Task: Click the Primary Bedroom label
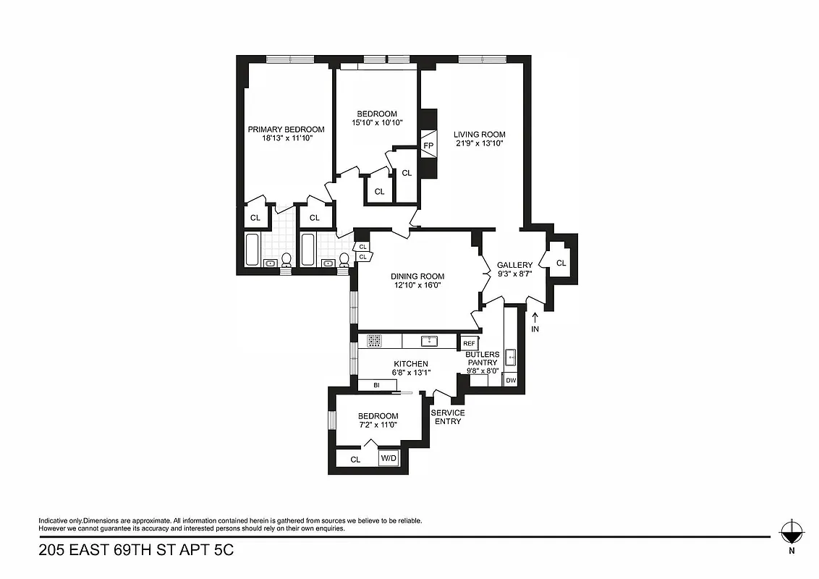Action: (x=286, y=130)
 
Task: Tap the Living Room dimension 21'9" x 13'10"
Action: (x=479, y=144)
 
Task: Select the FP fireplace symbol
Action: (x=428, y=145)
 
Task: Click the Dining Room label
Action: (x=417, y=276)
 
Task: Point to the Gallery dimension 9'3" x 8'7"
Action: (x=514, y=275)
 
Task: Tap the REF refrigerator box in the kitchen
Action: (x=469, y=343)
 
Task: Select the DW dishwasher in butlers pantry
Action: (x=511, y=380)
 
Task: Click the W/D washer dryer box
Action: (x=389, y=458)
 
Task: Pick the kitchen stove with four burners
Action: (x=374, y=340)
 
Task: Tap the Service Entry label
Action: (x=448, y=417)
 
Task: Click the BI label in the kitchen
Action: (x=376, y=386)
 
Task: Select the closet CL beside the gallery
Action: (x=561, y=263)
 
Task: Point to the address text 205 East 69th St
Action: (x=136, y=550)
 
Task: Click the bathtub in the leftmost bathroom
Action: (x=252, y=250)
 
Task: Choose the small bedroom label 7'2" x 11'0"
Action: (x=378, y=425)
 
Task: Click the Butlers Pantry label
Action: (x=482, y=358)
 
